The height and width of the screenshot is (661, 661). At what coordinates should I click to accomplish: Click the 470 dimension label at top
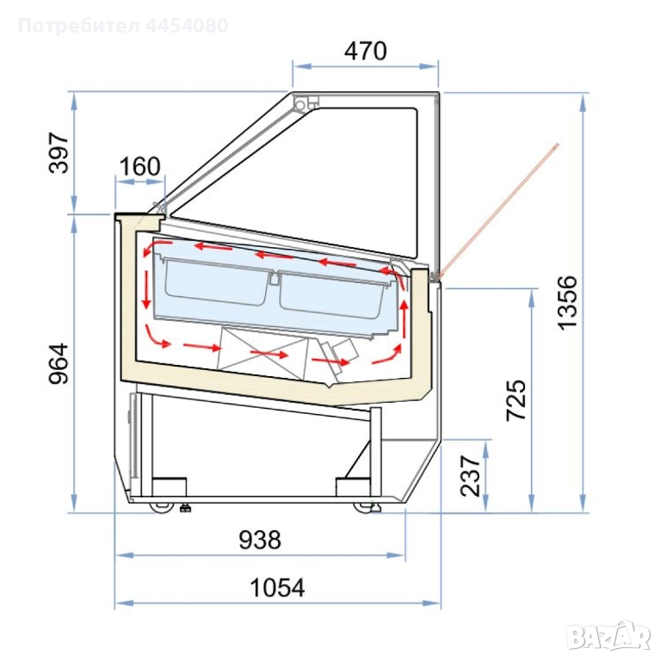tap(365, 51)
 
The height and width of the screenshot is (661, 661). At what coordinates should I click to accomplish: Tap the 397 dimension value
tap(59, 152)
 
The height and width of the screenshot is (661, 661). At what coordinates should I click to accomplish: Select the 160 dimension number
tap(140, 166)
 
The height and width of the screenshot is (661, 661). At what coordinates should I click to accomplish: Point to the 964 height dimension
tap(59, 363)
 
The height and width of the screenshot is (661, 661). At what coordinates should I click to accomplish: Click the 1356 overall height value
tap(566, 302)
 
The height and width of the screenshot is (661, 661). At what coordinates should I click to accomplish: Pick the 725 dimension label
tap(516, 400)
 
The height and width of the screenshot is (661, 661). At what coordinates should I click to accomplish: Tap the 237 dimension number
tap(471, 475)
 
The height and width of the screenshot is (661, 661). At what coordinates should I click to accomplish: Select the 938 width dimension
tap(260, 540)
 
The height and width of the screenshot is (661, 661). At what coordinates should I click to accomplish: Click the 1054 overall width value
tap(277, 588)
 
